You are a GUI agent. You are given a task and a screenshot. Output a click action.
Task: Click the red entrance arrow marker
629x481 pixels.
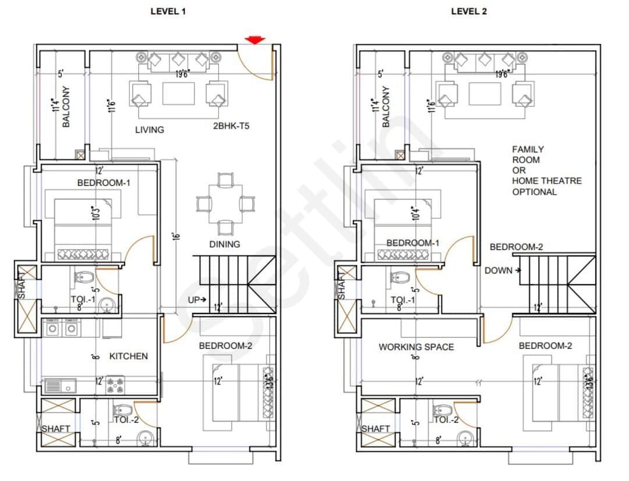[x=255, y=40]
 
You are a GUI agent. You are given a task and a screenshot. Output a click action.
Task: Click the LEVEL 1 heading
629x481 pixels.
[x=168, y=11]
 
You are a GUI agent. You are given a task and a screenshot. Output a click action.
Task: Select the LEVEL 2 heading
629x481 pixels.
[x=469, y=11]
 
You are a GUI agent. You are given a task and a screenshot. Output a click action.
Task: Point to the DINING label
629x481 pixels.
[x=224, y=244]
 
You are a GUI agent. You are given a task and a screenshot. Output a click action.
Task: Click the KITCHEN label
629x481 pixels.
[x=129, y=356]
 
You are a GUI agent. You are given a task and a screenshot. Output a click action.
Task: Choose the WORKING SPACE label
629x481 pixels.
[x=416, y=347]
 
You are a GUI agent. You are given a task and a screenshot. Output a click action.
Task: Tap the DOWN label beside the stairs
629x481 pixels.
[x=499, y=270]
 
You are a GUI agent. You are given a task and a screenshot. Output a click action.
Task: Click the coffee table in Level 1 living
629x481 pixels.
[x=178, y=93]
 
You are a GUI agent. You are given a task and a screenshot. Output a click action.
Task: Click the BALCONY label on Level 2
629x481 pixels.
[x=386, y=107]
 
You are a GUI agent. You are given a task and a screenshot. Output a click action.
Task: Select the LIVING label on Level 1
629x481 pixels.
[x=150, y=130]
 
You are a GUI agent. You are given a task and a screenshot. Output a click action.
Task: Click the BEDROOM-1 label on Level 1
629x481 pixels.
[x=104, y=183]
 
